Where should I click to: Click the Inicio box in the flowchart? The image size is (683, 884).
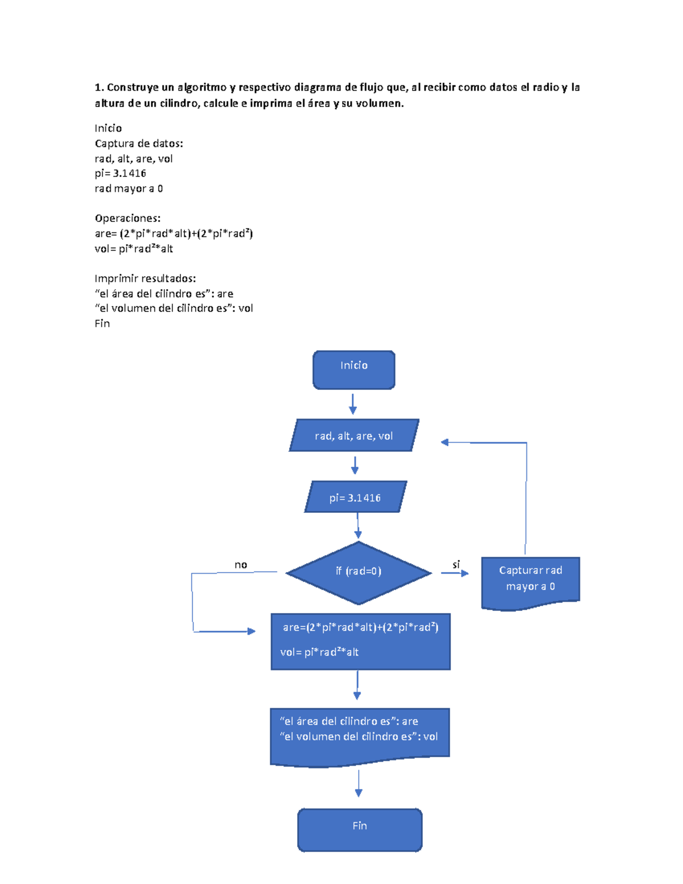click(353, 370)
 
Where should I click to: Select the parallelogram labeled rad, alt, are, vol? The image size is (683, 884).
click(353, 435)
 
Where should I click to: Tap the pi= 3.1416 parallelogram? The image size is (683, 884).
click(355, 497)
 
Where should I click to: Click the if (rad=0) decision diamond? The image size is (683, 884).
click(358, 572)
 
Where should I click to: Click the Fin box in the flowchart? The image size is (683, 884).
click(360, 829)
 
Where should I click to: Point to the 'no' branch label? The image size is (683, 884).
click(241, 565)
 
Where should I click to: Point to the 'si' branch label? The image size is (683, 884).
click(456, 565)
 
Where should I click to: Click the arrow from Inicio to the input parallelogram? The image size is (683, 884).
click(353, 404)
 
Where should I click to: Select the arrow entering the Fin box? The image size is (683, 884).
click(359, 784)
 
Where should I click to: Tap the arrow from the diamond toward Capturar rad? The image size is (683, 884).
click(455, 573)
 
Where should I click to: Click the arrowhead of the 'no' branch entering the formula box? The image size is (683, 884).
click(251, 631)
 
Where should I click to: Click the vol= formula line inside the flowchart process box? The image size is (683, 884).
click(319, 652)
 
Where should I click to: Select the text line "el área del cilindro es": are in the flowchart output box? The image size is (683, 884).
click(349, 721)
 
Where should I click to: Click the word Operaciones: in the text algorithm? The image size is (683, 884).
click(127, 219)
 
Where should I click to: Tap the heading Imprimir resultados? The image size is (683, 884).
click(145, 278)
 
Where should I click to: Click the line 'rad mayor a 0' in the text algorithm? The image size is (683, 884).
click(129, 188)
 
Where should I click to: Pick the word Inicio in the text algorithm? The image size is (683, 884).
click(108, 128)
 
